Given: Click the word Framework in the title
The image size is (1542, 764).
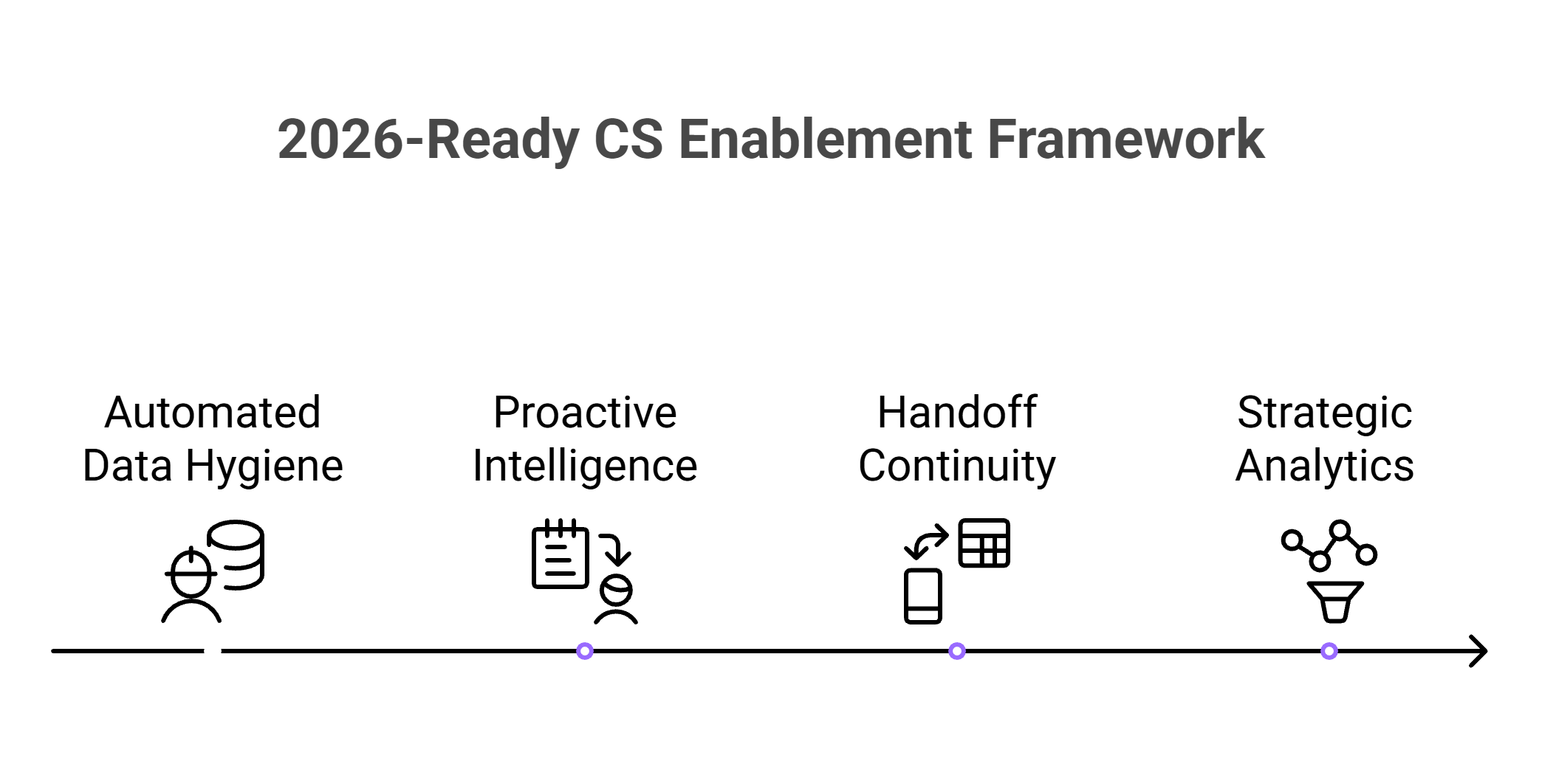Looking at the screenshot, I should (x=1125, y=139).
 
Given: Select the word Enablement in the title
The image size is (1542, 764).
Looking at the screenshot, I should (x=825, y=139).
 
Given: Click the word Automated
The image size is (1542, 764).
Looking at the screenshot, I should (x=213, y=412).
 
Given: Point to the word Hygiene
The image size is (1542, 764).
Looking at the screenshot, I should (x=264, y=466).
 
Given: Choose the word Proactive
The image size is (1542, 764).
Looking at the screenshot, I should (x=585, y=412).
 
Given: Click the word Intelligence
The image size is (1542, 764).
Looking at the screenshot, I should (x=585, y=466).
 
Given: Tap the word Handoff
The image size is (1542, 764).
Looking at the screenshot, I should (x=957, y=412).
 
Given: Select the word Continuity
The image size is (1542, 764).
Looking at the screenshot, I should (x=957, y=466).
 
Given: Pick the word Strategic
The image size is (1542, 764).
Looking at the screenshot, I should (x=1325, y=412).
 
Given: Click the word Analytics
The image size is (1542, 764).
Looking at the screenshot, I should (x=1325, y=466).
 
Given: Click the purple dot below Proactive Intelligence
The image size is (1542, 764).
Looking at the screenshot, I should (x=585, y=651).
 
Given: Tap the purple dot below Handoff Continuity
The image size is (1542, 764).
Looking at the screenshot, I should (x=957, y=651).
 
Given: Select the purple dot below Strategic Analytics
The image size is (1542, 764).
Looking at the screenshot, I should (x=1329, y=651).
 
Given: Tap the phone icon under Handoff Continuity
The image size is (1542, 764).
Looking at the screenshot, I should (x=923, y=596).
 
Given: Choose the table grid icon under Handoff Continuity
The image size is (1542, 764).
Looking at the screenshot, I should (x=984, y=543).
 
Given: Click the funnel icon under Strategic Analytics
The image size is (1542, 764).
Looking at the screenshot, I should (x=1334, y=602).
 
